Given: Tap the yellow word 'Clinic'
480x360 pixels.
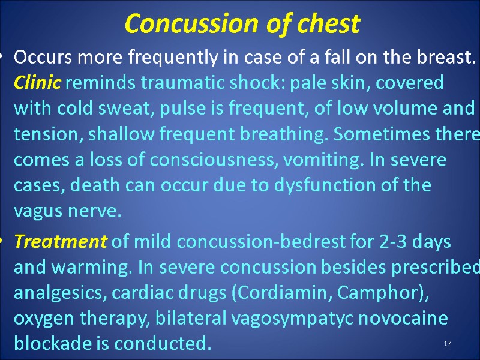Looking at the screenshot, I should [x=37, y=83].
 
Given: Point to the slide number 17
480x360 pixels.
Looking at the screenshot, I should [x=447, y=343].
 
